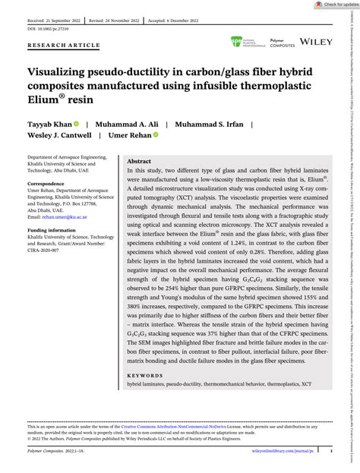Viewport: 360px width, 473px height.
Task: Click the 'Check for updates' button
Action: [x=333, y=5]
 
